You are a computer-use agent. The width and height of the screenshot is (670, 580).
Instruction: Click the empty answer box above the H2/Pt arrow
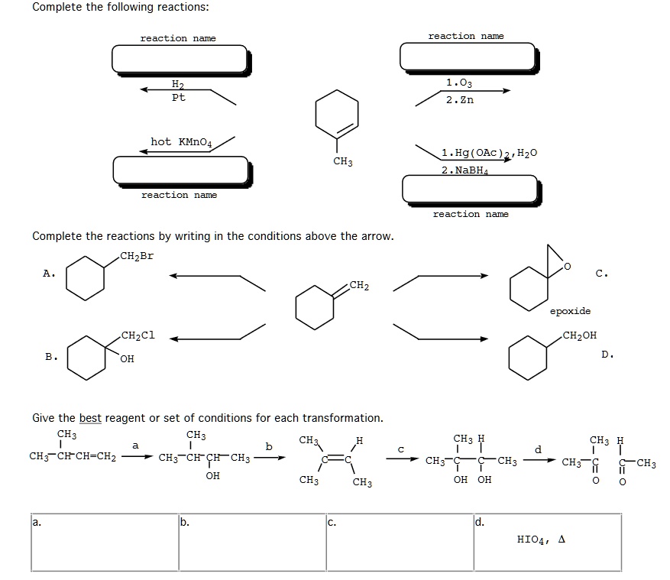(x=180, y=59)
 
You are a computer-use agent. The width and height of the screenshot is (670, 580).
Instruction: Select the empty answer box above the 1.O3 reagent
(x=467, y=57)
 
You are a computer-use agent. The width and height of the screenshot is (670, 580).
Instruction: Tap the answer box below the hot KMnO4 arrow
(x=180, y=170)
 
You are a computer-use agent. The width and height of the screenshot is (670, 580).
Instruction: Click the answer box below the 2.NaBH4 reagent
(x=468, y=189)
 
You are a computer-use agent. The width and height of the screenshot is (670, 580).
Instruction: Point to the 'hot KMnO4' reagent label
(x=181, y=141)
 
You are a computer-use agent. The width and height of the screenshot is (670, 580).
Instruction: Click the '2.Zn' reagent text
(x=459, y=99)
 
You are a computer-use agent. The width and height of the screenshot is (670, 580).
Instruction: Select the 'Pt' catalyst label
(x=178, y=98)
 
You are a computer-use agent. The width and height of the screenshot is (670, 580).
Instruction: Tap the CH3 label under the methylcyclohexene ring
(x=343, y=162)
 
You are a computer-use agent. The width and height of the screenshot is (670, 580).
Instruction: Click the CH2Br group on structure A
(x=137, y=256)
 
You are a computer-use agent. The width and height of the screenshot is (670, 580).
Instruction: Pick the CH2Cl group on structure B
(x=138, y=335)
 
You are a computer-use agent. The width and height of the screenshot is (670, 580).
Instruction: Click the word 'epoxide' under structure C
(x=569, y=311)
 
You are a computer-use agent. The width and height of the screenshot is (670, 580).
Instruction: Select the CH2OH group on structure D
(x=580, y=335)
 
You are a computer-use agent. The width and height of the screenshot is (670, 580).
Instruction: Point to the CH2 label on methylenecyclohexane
(x=358, y=286)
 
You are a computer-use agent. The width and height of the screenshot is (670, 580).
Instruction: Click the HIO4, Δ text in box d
(x=541, y=539)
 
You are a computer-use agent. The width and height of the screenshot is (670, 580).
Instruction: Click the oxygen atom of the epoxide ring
(x=566, y=265)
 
